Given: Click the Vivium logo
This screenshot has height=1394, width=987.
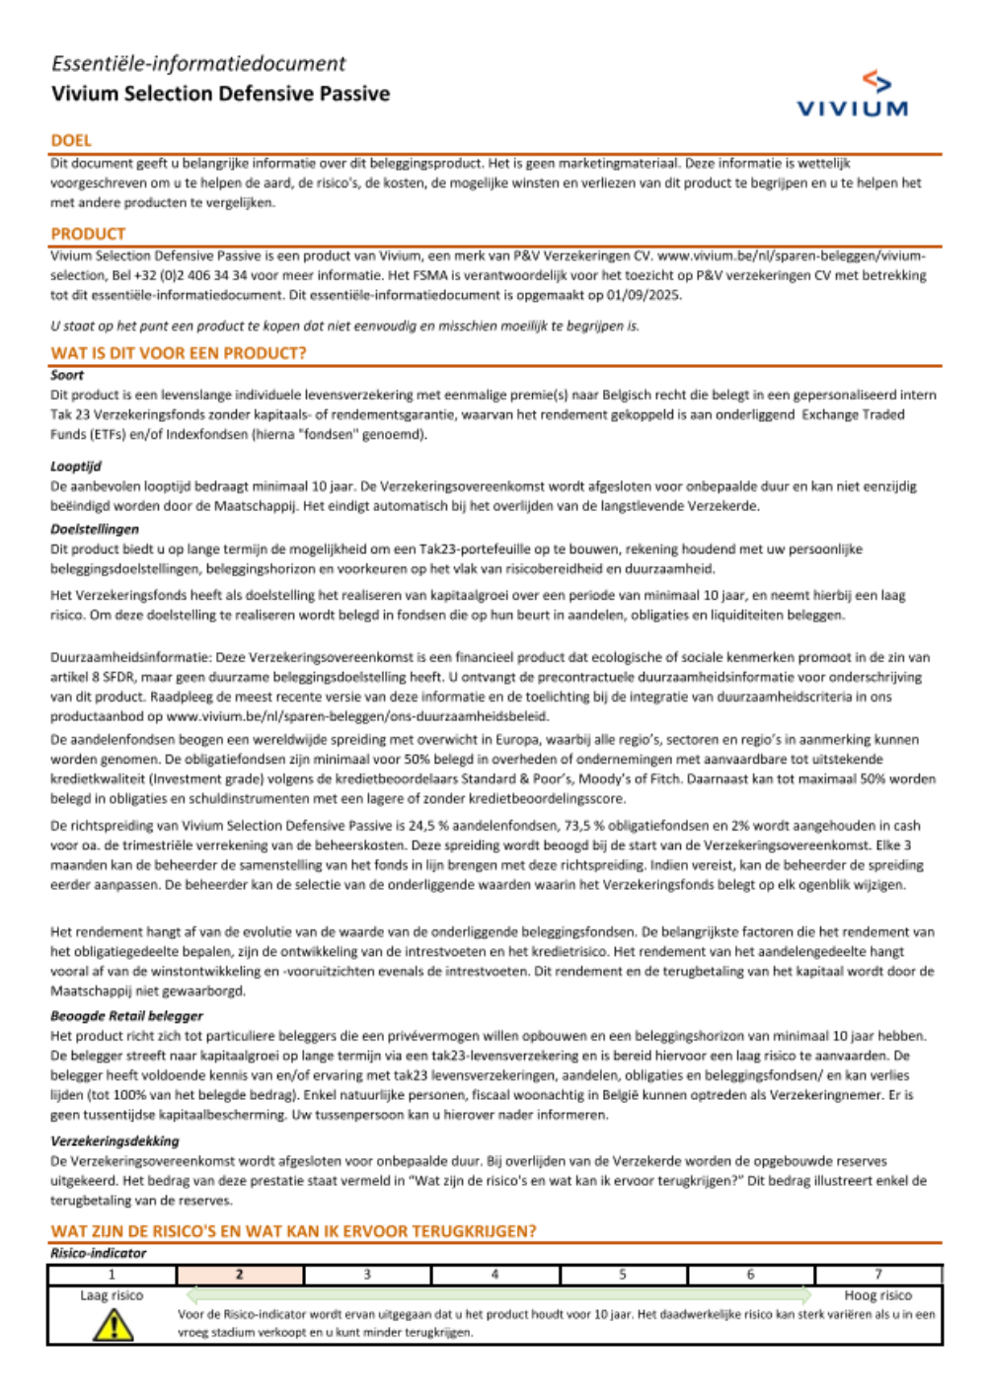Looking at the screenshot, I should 852,95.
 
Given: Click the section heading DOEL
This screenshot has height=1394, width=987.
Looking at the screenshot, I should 71,141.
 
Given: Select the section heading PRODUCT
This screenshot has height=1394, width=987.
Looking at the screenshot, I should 88,234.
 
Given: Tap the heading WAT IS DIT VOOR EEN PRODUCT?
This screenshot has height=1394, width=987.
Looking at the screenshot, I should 179,353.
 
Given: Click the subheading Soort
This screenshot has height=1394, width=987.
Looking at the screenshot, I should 67,375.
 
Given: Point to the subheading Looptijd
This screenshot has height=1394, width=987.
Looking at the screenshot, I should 76,466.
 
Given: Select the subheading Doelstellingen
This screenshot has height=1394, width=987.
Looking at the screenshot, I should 95,529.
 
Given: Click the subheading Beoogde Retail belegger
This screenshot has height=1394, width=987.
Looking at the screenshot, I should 126,1015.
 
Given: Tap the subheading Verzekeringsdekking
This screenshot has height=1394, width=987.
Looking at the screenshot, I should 114,1140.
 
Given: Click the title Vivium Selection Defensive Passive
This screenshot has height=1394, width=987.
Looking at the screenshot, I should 220,94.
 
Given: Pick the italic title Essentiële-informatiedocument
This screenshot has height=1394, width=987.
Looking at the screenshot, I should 198,64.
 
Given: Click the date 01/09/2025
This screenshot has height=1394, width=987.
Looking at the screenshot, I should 644,295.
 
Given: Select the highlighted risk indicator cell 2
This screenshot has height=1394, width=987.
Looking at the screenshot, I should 240,1275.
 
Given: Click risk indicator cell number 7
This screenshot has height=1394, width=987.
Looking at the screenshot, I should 878,1275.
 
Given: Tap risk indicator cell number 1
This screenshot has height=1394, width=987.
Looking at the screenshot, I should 112,1275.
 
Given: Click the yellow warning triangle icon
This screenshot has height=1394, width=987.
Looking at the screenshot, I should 114,1325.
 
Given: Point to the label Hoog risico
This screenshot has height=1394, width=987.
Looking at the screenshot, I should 877,1295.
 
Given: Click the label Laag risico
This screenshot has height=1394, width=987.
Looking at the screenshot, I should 112,1295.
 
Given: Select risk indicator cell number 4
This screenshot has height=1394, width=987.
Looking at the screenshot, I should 495,1275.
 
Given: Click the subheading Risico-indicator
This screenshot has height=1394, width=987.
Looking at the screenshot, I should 98,1253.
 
